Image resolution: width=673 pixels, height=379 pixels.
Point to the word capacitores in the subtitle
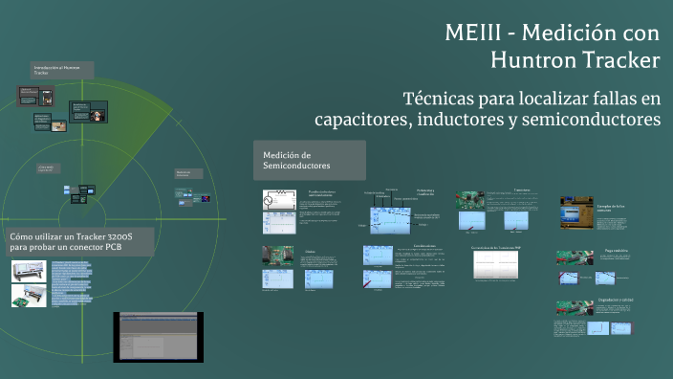tap(361, 120)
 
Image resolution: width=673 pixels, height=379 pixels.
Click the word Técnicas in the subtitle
tap(445, 98)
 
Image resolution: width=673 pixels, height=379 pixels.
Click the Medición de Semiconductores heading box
tap(309, 160)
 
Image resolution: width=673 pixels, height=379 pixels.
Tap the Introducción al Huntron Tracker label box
tap(63, 69)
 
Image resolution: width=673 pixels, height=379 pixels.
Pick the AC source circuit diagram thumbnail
tap(279, 200)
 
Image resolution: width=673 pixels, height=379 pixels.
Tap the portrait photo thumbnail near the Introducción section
tap(98, 115)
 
